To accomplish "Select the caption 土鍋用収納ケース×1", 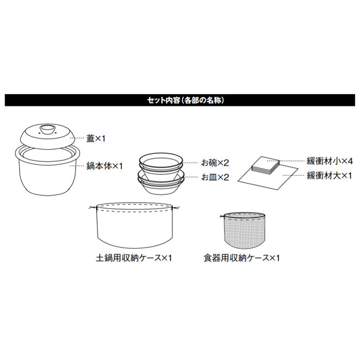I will [x=134, y=257].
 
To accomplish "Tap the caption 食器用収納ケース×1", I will [x=241, y=257].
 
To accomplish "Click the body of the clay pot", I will [x=46, y=172].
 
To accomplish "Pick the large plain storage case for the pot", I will [x=134, y=226].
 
